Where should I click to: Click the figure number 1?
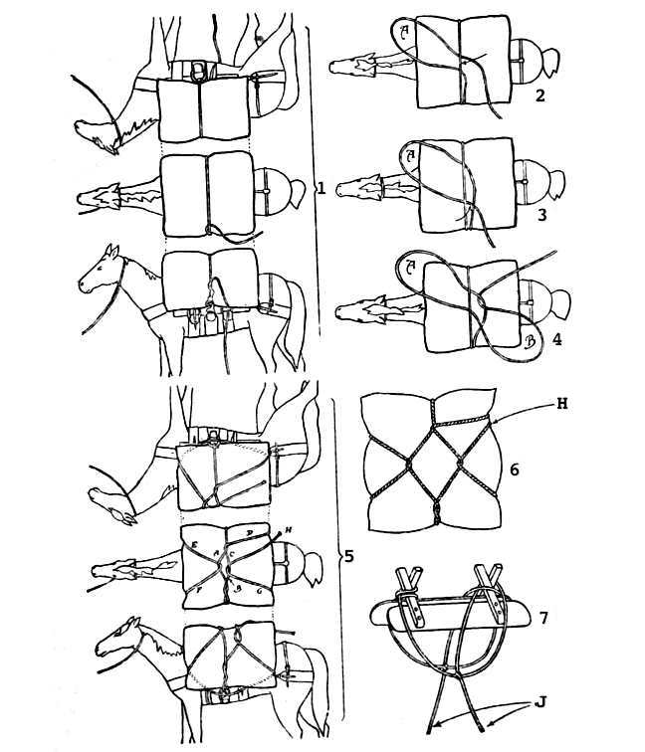(322, 188)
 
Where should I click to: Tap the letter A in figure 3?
(408, 155)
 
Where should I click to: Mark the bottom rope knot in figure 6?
(435, 512)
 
